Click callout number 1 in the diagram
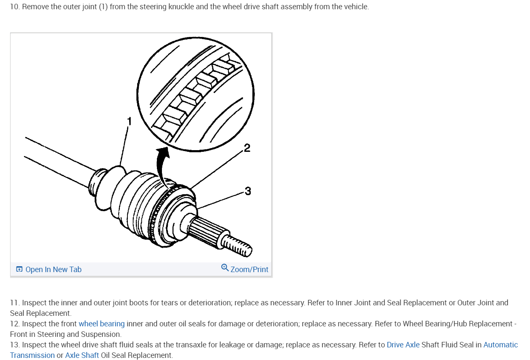(x=130, y=122)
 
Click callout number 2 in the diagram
(x=247, y=148)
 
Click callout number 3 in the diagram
(x=248, y=191)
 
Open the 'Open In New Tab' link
(x=53, y=270)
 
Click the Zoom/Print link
(x=249, y=270)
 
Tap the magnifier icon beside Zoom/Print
(x=225, y=268)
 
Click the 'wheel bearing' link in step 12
(x=101, y=324)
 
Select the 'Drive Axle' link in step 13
(x=403, y=345)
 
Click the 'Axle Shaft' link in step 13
(x=82, y=355)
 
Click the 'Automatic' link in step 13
(x=501, y=345)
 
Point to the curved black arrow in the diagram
(x=162, y=166)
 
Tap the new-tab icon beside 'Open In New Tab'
(x=19, y=270)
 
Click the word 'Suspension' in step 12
(x=102, y=335)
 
